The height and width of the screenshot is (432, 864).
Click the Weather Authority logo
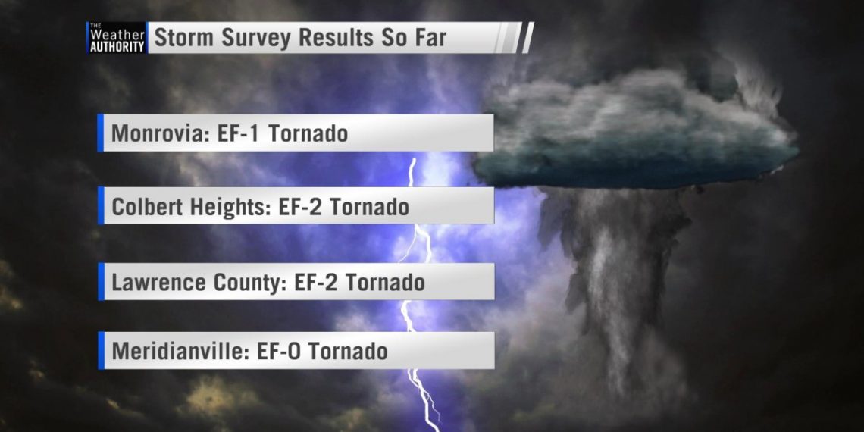click(117, 37)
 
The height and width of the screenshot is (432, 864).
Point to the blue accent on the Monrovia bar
click(100, 133)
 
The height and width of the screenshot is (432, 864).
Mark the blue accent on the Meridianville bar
click(101, 350)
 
